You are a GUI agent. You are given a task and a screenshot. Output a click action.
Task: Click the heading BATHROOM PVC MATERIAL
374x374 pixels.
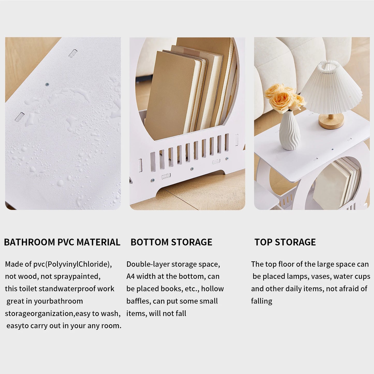(62, 242)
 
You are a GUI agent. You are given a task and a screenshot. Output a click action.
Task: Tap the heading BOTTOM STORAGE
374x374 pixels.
(171, 242)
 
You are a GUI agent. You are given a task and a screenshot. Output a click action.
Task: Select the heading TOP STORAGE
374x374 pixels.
(285, 242)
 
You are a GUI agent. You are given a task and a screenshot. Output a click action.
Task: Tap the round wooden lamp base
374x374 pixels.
(331, 122)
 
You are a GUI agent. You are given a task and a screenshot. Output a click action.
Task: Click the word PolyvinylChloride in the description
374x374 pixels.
(78, 264)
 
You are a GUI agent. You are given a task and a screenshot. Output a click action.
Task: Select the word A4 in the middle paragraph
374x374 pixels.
(130, 276)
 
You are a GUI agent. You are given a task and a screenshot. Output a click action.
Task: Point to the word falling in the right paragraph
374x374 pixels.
(261, 302)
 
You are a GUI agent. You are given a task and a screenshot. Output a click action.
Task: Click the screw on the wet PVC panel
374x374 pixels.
(47, 84)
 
